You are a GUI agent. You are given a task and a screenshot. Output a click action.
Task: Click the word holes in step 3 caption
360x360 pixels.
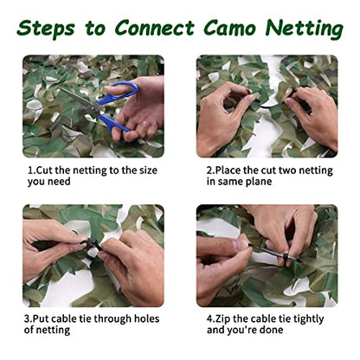pos(141,318)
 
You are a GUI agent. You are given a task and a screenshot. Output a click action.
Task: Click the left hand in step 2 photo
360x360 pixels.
pos(223,112)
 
